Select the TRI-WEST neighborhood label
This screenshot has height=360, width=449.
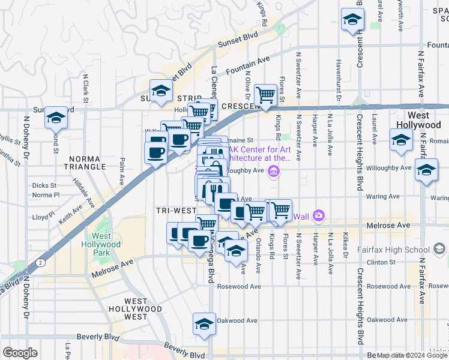click(x=176, y=211)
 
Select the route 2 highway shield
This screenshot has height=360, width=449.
click(x=40, y=262)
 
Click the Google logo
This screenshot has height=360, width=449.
click(x=20, y=353)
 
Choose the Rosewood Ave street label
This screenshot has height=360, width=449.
click(x=239, y=287)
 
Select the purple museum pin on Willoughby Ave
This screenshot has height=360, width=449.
click(x=274, y=173)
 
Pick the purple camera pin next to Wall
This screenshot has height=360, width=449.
click(x=319, y=215)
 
